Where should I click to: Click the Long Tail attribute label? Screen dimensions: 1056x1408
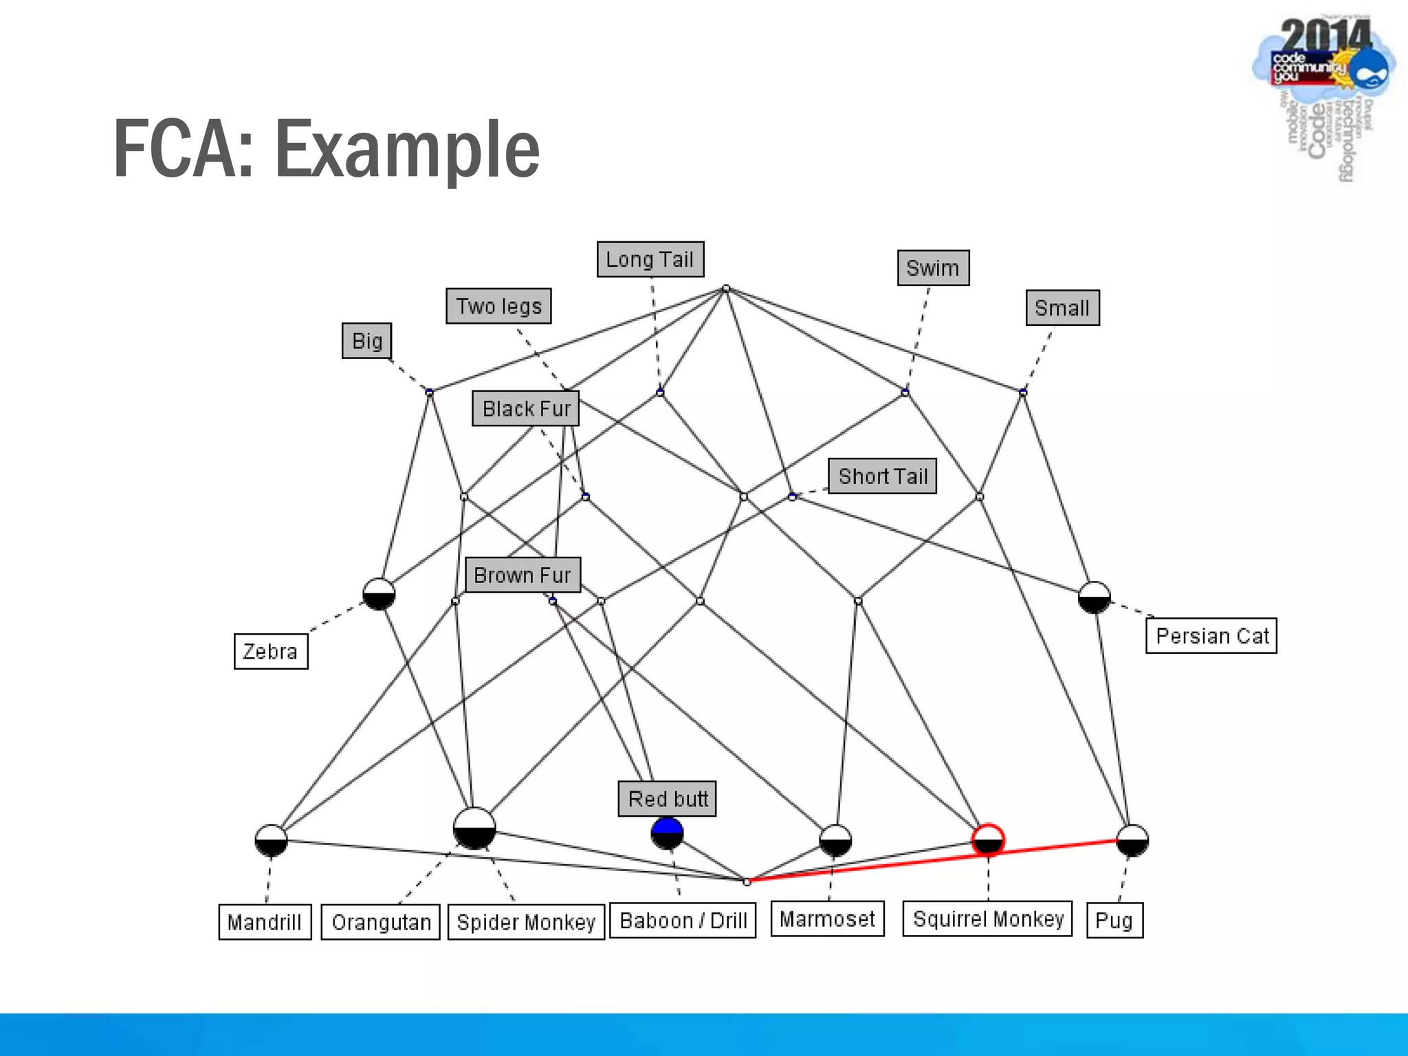(650, 259)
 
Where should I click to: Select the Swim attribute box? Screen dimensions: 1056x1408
(933, 267)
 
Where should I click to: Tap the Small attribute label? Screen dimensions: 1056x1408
(1062, 307)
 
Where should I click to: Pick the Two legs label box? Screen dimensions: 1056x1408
(498, 306)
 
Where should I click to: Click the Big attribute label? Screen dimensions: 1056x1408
(366, 340)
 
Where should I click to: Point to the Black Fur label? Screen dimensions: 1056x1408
(526, 408)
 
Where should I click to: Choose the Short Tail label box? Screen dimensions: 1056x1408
(882, 476)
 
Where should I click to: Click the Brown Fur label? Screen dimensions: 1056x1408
(522, 575)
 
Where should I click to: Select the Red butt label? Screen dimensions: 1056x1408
(667, 799)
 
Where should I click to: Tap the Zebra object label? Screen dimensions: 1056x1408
(270, 651)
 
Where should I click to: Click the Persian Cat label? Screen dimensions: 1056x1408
(1211, 635)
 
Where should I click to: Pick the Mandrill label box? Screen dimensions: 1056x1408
(265, 922)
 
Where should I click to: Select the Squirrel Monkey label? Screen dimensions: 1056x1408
(987, 918)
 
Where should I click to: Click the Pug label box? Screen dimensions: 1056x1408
(1114, 920)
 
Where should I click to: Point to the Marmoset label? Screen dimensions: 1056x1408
(827, 918)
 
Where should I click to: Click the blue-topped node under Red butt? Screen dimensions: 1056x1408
(667, 833)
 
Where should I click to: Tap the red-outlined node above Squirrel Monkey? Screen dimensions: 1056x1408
(988, 839)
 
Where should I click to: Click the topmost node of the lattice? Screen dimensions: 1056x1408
(726, 289)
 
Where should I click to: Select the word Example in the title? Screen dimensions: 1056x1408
(407, 149)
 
